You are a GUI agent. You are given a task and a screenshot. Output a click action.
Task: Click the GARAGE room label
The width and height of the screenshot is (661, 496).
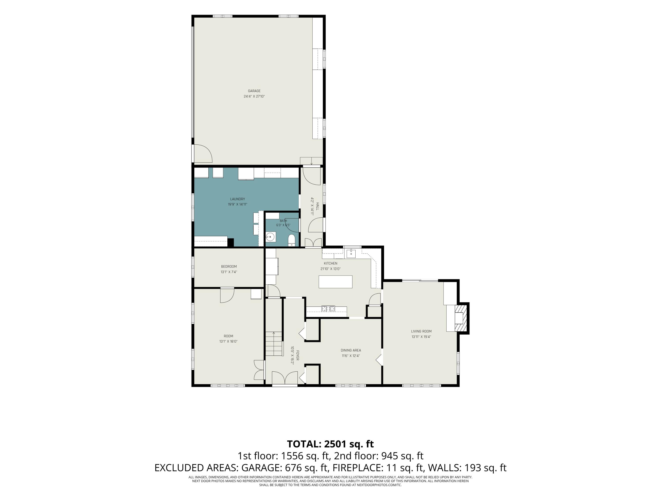pos(254,91)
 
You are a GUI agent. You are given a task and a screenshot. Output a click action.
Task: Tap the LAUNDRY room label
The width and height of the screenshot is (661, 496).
pos(238,199)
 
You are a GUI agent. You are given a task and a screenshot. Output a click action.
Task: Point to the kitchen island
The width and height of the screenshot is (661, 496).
pos(335,282)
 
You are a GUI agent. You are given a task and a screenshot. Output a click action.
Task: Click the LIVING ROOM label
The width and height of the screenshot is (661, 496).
pos(421,331)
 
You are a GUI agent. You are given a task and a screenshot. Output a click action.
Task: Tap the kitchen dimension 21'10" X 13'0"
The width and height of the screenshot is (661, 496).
pos(330,269)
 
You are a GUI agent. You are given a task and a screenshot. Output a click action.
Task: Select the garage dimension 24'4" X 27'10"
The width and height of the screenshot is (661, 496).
pos(254,96)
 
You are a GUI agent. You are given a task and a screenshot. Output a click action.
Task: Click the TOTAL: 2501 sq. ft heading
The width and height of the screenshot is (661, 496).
pos(330,444)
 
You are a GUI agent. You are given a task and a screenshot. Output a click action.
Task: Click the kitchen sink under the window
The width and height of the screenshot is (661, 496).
pos(351,253)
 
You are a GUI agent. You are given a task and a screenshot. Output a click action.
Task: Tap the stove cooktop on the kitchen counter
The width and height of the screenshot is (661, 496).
pos(328,309)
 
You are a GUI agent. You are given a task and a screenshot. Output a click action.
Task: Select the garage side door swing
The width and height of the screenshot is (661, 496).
pos(203,153)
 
